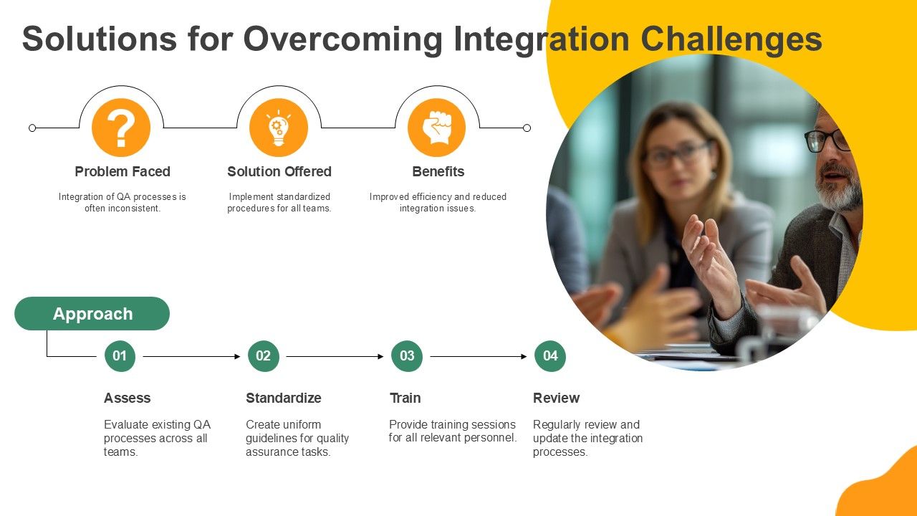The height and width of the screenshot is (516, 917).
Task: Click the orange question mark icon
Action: pyautogui.click(x=121, y=128)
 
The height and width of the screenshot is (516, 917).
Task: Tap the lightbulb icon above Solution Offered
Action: pyautogui.click(x=279, y=128)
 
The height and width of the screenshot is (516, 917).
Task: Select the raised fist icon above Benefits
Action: pyautogui.click(x=437, y=128)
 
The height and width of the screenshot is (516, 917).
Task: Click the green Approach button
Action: pyautogui.click(x=92, y=314)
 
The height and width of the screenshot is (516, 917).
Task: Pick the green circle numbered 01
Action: pyautogui.click(x=120, y=356)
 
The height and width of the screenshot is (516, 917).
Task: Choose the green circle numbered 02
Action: pyautogui.click(x=264, y=356)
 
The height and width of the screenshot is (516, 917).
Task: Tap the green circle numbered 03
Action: pyautogui.click(x=407, y=356)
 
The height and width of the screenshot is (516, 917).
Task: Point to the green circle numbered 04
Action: pyautogui.click(x=550, y=356)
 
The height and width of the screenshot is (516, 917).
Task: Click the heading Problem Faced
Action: pyautogui.click(x=123, y=171)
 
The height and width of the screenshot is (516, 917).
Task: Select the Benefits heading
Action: pyautogui.click(x=438, y=171)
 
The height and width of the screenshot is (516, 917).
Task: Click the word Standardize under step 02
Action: pyautogui.click(x=283, y=398)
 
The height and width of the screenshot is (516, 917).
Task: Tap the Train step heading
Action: pyautogui.click(x=405, y=398)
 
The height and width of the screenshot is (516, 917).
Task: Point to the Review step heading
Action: pyautogui.click(x=556, y=398)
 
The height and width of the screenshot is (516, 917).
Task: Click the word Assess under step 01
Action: pyautogui.click(x=127, y=398)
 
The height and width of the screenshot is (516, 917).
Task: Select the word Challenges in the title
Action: pyautogui.click(x=731, y=39)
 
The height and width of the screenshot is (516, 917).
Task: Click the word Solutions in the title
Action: pyautogui.click(x=100, y=39)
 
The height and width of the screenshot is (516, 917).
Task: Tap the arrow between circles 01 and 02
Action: pyautogui.click(x=191, y=357)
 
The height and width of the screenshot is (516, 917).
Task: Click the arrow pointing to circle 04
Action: pyautogui.click(x=479, y=357)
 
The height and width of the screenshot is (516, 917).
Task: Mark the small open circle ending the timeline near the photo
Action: pyautogui.click(x=527, y=128)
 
